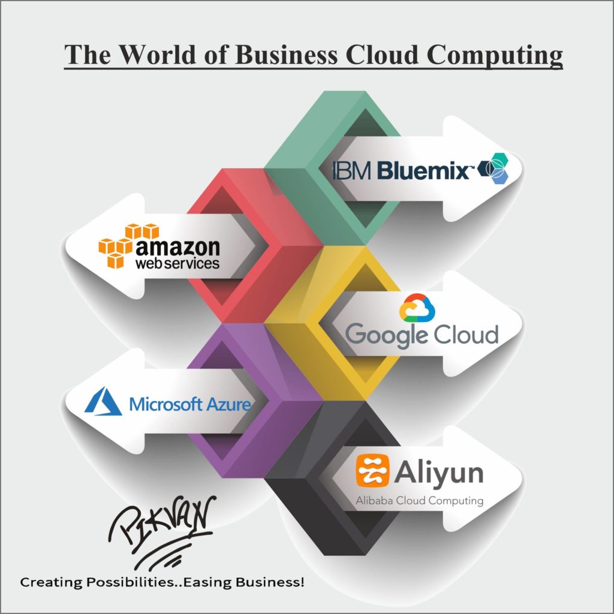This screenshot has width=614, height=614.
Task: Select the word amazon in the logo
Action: coord(178,247)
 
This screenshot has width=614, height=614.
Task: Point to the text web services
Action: coord(177,263)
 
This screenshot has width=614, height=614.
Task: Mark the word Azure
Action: coord(228,404)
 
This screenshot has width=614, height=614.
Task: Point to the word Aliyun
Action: coord(439,472)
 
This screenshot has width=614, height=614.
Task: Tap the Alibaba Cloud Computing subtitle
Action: coord(420,500)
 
